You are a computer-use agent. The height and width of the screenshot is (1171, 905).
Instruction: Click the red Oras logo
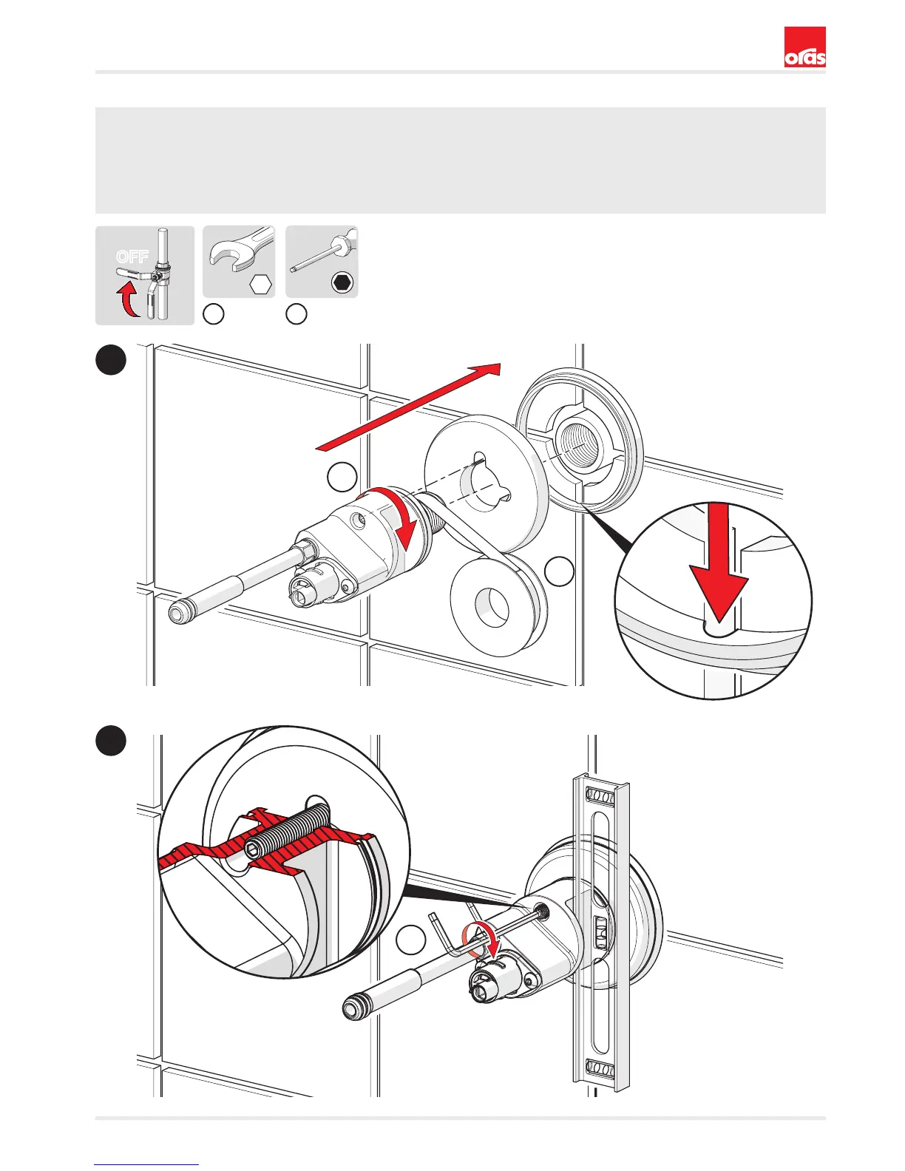[x=804, y=47]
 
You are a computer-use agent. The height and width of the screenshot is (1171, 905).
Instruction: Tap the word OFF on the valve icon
[x=132, y=257]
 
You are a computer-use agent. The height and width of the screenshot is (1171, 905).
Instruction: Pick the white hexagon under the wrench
[x=261, y=284]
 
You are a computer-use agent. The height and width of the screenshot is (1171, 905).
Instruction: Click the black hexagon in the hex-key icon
[x=343, y=282]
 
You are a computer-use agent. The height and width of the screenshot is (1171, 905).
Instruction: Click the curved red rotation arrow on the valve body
[x=396, y=517]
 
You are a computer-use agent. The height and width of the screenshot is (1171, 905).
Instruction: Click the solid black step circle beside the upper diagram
[x=112, y=360]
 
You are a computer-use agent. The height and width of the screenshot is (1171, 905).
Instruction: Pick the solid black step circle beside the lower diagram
[x=112, y=740]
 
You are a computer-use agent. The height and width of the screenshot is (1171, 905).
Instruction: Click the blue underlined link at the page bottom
[x=146, y=1164]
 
